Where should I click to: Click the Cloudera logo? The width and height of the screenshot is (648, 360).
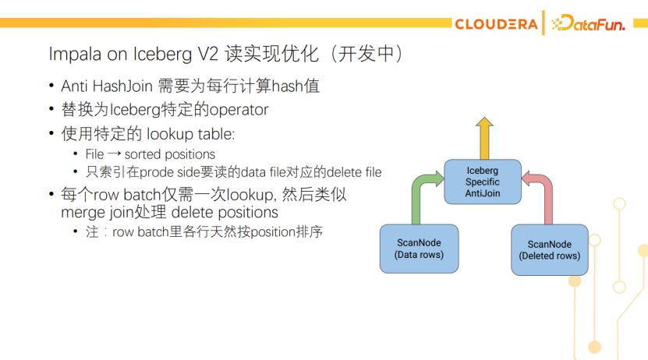point(495,24)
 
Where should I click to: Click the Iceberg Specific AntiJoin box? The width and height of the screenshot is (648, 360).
point(483,182)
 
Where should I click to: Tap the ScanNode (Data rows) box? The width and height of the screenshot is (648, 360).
point(419,249)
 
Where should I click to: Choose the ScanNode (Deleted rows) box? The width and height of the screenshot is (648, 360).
point(549,250)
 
